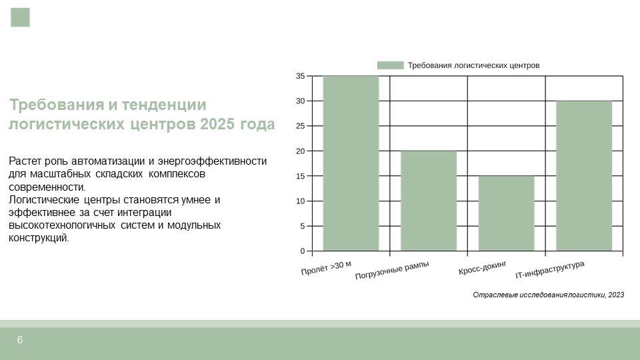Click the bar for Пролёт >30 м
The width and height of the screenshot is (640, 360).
pos(351,163)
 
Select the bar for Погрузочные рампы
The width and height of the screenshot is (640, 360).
pos(429,201)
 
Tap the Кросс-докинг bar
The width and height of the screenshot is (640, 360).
pos(507,213)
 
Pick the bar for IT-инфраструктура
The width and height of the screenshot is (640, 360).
pos(584,176)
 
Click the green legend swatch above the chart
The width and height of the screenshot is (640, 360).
pos(390,65)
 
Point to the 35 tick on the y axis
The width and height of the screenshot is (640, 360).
pos(301,76)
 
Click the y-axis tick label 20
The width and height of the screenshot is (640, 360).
pos(301,151)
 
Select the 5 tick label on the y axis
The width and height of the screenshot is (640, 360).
pos(303,226)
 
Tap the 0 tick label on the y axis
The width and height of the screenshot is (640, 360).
pos(303,251)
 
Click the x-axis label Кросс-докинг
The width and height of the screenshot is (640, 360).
pos(483,268)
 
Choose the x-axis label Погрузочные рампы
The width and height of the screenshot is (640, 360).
pos(392,270)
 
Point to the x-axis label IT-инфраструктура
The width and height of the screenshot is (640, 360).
pos(550,270)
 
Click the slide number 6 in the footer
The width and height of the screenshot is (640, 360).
pos(19,340)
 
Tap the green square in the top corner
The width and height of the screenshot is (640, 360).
pos(21,17)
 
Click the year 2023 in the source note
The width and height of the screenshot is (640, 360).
pos(616,295)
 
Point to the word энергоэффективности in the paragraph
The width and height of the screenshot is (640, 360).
pos(212,161)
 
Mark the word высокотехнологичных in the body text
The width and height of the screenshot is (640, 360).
pos(61,225)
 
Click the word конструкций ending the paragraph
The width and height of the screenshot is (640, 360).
pos(39,238)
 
